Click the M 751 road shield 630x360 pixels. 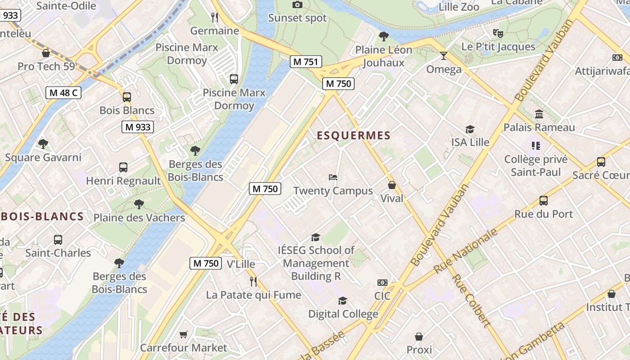coord(306,62)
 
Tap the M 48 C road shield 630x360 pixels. coord(63,93)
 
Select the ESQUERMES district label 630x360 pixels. coord(353,135)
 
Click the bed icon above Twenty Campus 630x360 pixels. coord(333,177)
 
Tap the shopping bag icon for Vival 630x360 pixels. coord(392,185)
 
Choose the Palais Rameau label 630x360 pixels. coord(539,127)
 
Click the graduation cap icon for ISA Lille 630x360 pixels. coord(470,130)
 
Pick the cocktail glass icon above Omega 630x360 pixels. coord(444,56)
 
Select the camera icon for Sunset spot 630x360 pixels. coord(297,5)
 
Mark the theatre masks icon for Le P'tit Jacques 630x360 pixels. coord(498,33)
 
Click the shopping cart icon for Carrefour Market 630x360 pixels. coord(183,334)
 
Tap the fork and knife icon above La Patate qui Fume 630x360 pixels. coord(253,282)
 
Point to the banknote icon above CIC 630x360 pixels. coord(382,283)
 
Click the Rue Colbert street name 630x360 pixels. coord(471,300)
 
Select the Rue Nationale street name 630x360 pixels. coord(466,251)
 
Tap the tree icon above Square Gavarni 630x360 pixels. coord(43,144)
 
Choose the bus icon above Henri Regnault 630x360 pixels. coord(123,167)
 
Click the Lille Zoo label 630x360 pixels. coord(459,7)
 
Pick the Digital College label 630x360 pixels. coord(343,314)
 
